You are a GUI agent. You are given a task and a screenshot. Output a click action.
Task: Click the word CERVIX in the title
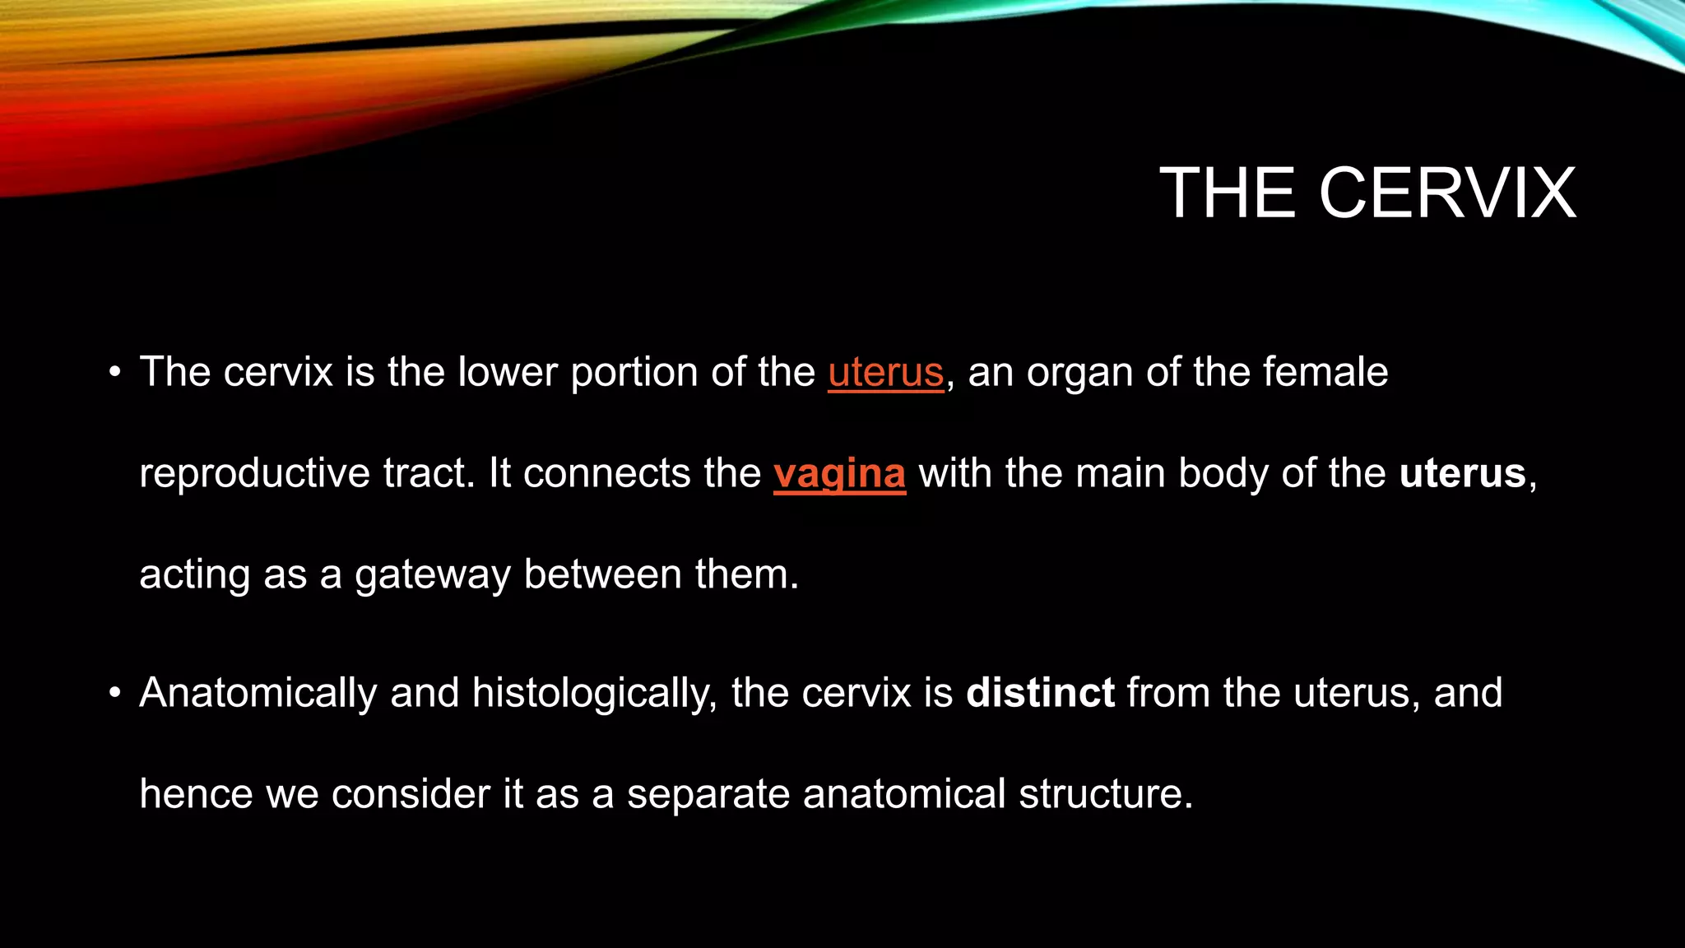click(1447, 193)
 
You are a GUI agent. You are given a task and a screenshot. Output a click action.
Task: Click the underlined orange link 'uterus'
click(885, 372)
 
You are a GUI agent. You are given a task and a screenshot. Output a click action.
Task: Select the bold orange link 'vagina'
click(839, 474)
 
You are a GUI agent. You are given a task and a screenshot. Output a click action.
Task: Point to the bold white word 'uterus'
click(1462, 474)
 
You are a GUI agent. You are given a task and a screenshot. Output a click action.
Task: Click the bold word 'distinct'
click(1040, 693)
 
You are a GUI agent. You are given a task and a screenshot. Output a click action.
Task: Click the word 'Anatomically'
click(258, 693)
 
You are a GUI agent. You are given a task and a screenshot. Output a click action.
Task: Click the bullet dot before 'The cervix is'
click(115, 373)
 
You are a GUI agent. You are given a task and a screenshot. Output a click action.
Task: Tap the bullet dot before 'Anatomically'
click(115, 694)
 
